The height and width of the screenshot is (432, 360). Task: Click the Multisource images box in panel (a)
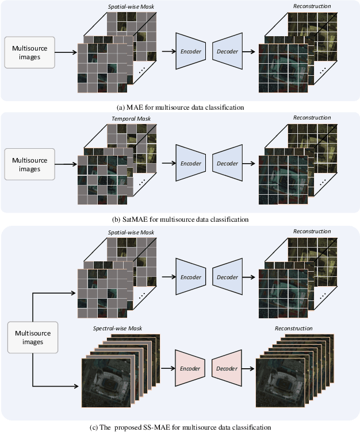(30, 53)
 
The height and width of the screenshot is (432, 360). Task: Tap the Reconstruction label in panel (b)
(312, 118)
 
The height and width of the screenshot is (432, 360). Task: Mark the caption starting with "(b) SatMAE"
(181, 219)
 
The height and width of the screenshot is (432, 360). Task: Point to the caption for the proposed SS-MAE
(181, 427)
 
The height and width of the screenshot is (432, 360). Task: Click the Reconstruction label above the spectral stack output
(294, 328)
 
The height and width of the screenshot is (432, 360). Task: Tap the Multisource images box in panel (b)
(30, 165)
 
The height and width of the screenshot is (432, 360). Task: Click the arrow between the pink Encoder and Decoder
(209, 368)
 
